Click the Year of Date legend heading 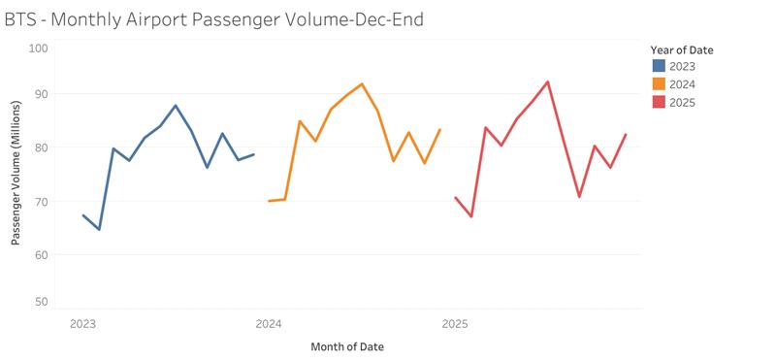(689, 49)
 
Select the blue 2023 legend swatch (659, 66)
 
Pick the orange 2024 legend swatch (659, 84)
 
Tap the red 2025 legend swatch (659, 102)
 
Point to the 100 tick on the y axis (39, 48)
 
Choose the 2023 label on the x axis (82, 323)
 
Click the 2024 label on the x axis (269, 323)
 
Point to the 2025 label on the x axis (455, 323)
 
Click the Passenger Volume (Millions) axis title (16, 175)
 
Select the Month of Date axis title (353, 346)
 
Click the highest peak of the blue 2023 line (176, 105)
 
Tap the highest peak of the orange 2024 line (362, 83)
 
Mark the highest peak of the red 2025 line (548, 82)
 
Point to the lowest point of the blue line (99, 230)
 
